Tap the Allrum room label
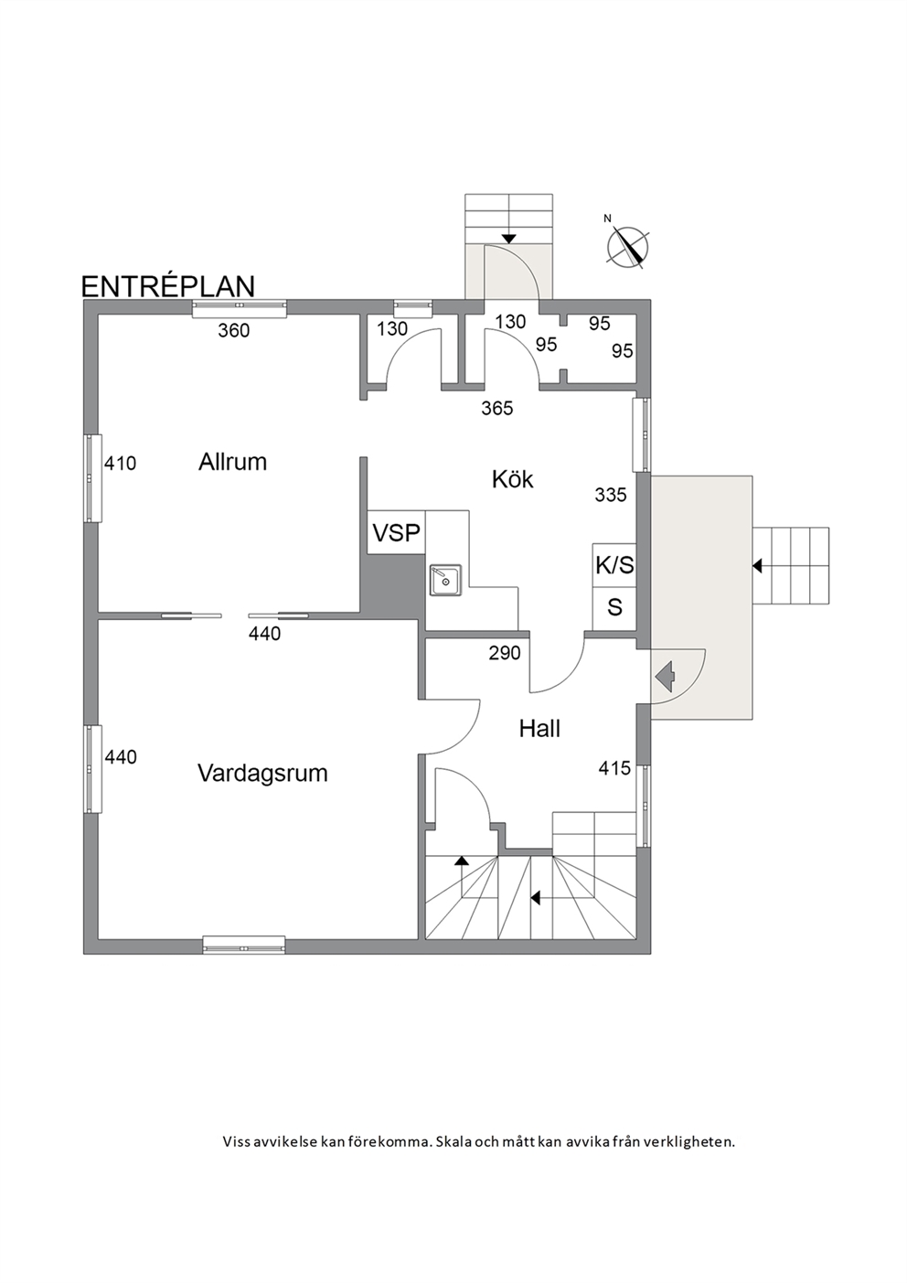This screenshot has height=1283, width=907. click(232, 462)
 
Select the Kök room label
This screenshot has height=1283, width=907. click(513, 479)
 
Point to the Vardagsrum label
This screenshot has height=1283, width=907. click(262, 774)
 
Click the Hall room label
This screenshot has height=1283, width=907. click(539, 729)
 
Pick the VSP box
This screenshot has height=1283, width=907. click(396, 532)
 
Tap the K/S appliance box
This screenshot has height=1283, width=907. click(614, 565)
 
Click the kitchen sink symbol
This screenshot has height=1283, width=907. click(445, 580)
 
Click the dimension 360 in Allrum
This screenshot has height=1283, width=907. click(234, 330)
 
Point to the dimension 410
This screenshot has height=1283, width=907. click(121, 463)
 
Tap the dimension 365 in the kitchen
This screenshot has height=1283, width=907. click(497, 409)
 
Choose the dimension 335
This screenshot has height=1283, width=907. click(611, 495)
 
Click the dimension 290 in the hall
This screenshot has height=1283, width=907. click(505, 653)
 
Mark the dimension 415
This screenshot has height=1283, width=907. click(614, 768)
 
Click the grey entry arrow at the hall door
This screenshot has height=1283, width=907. click(666, 677)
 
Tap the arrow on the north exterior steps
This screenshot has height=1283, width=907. click(507, 239)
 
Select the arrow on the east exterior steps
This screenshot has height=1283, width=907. click(757, 566)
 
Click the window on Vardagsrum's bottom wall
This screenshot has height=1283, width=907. click(244, 945)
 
